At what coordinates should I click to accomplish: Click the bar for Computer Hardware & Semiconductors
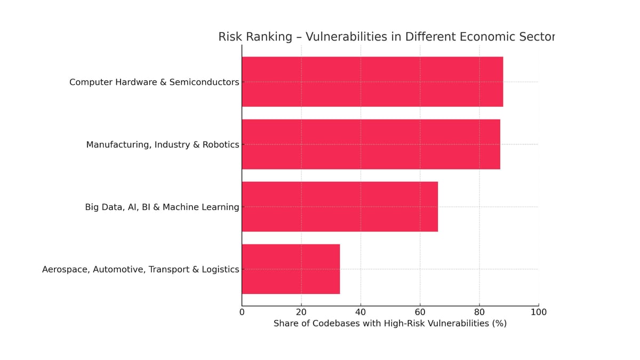coord(372,82)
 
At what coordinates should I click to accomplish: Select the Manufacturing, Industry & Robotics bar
coord(371,144)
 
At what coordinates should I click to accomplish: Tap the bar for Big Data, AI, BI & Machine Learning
coord(340,206)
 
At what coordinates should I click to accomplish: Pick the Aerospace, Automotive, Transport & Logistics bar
coord(291,269)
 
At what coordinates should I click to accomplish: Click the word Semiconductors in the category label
coord(204,82)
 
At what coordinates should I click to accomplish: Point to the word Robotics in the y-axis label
coord(220,145)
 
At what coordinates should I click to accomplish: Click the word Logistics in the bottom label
coord(220,269)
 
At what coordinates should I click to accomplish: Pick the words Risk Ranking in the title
coord(255,37)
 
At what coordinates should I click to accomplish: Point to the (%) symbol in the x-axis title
coord(499,324)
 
